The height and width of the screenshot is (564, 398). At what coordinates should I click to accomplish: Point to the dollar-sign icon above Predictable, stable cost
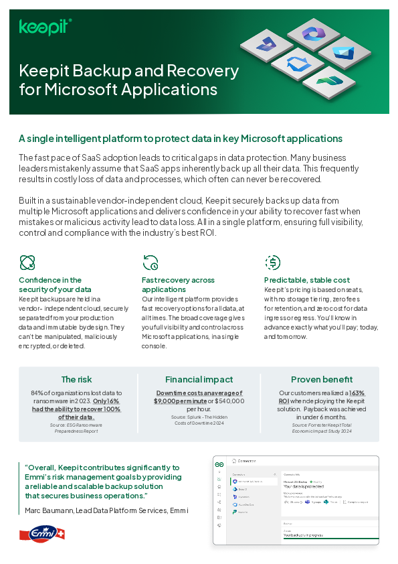(x=272, y=262)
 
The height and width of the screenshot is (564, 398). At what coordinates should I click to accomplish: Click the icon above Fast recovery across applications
(x=150, y=262)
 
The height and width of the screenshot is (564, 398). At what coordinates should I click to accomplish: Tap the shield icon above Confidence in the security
(x=27, y=262)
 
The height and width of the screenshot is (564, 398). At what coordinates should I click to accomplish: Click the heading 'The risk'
(x=77, y=379)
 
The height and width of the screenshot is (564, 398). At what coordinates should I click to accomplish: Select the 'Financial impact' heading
(x=199, y=379)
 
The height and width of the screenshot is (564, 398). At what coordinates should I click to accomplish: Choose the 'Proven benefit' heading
(x=322, y=379)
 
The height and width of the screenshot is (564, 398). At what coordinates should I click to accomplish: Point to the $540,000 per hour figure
(x=236, y=401)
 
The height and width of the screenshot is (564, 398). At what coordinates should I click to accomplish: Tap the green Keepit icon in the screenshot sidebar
(x=218, y=464)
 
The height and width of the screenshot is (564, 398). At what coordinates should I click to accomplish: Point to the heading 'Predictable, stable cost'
(x=307, y=280)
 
